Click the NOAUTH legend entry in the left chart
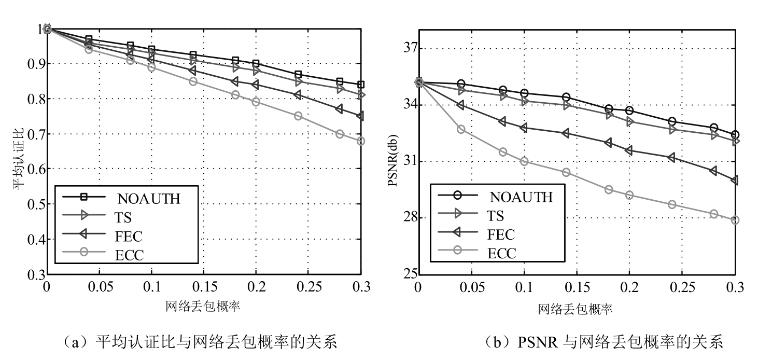coord(148,198)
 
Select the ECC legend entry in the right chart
coord(502,253)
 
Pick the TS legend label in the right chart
coord(495,215)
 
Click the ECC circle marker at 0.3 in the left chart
coord(361,141)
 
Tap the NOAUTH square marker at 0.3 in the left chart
coord(361,85)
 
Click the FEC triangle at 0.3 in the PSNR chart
coord(735,180)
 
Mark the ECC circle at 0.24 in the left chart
coord(298,116)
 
